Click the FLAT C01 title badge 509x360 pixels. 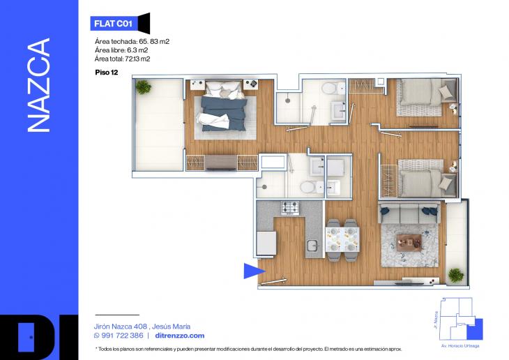pyautogui.click(x=120, y=24)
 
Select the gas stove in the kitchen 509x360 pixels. pyautogui.click(x=290, y=208)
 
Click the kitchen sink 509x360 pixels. pyautogui.click(x=313, y=246)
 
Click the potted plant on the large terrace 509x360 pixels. pyautogui.click(x=143, y=87)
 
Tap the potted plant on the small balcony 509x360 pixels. pyautogui.click(x=456, y=275)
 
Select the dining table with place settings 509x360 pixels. pyautogui.click(x=342, y=240)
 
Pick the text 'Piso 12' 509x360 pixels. pyautogui.click(x=107, y=73)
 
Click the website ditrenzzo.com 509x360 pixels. pyautogui.click(x=180, y=336)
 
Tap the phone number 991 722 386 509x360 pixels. pyautogui.click(x=122, y=336)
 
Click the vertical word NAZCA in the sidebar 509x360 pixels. pyautogui.click(x=38, y=85)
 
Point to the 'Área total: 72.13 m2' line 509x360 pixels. pyautogui.click(x=123, y=59)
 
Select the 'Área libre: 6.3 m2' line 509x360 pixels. pyautogui.click(x=121, y=50)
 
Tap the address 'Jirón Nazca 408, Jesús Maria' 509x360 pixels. pyautogui.click(x=142, y=327)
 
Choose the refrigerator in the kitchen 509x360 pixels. pyautogui.click(x=266, y=243)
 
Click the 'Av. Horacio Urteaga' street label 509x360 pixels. pyautogui.click(x=460, y=346)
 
